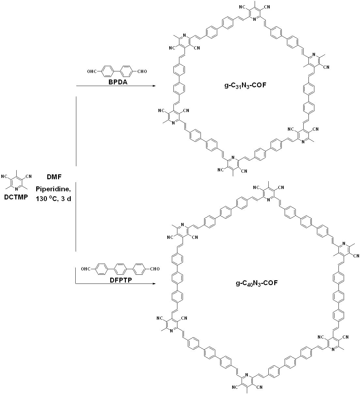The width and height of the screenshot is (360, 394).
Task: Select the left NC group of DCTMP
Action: pyautogui.click(x=4, y=177)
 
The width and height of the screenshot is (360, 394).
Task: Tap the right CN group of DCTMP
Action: pyautogui.click(x=29, y=177)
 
